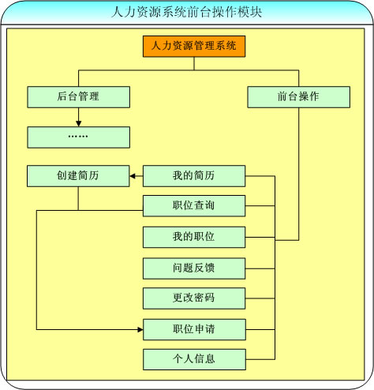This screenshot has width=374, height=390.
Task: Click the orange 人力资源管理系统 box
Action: pos(194,47)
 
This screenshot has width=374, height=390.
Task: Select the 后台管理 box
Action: pos(78,97)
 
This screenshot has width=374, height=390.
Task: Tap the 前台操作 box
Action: pos(299,97)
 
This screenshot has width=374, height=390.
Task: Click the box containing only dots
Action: pos(78,137)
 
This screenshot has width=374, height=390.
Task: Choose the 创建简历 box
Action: pos(78,176)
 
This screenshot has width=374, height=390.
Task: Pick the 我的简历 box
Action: pos(194,176)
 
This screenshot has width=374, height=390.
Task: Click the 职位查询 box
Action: pos(194,206)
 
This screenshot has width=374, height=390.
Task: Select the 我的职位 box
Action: pos(194,237)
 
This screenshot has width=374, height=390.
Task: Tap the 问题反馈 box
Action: pos(194,268)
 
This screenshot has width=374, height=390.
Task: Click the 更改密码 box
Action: pos(194,298)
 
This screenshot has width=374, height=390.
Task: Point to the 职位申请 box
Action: pos(194,329)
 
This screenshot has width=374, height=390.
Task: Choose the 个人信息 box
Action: pos(194,359)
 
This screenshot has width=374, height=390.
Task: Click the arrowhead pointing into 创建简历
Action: pos(133,176)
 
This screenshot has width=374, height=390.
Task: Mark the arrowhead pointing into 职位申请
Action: pos(140,329)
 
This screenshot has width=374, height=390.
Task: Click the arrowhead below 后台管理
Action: pos(78,124)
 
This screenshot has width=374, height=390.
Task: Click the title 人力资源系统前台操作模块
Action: pos(186,12)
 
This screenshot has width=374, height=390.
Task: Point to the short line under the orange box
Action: pos(194,64)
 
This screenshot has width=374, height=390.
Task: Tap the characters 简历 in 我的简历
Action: pos(204,175)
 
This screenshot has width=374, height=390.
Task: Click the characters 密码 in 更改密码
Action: pos(204,298)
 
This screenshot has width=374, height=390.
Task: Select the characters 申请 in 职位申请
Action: pos(204,329)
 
